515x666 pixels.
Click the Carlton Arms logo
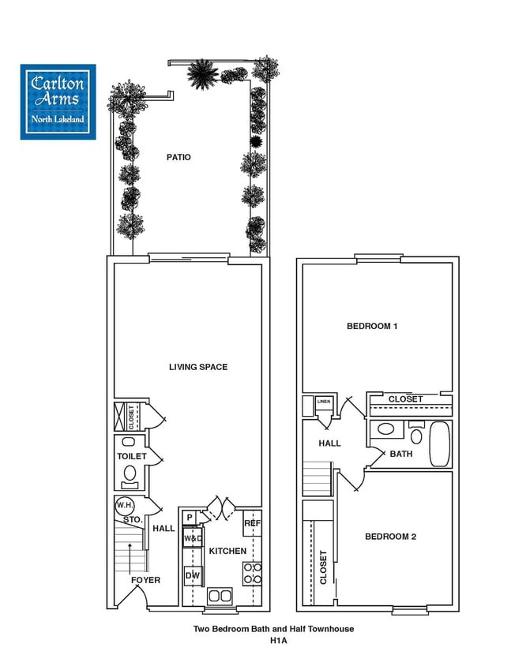coord(58,102)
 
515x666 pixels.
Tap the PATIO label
coord(179,157)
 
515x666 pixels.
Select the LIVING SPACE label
coord(198,367)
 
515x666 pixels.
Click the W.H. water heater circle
coord(124,505)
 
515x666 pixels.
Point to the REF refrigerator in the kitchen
coord(252,523)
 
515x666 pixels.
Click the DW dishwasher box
coord(192,577)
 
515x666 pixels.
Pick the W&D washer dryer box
coord(193,538)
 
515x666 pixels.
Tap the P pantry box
coord(190,518)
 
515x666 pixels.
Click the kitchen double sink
coord(218,596)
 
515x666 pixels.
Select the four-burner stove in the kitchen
coord(252,573)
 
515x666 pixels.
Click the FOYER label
coord(146,580)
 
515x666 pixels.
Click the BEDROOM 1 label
coord(372,326)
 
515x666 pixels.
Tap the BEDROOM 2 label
coord(390,537)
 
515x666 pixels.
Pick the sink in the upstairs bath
coord(385,430)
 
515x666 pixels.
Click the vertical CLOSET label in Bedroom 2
coord(323,567)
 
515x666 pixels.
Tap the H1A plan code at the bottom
coord(273,642)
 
